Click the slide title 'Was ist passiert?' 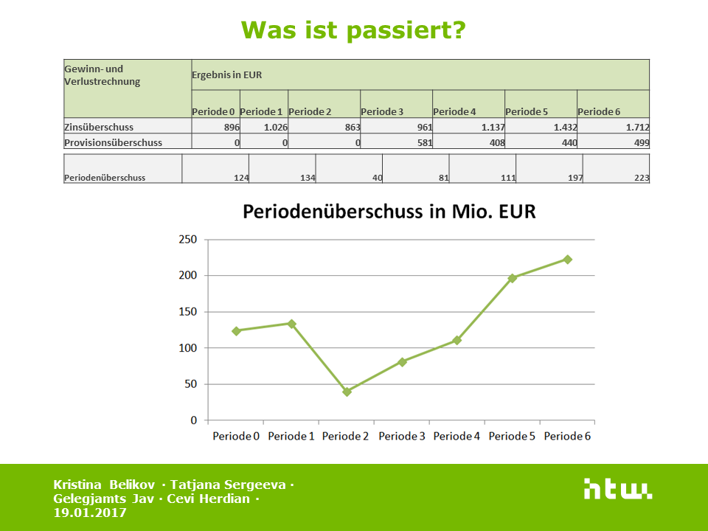pyautogui.click(x=353, y=30)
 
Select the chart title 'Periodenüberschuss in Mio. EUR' pyautogui.click(x=389, y=212)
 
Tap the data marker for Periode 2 pyautogui.click(x=347, y=392)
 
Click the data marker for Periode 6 pyautogui.click(x=568, y=259)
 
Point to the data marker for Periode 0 pyautogui.click(x=237, y=331)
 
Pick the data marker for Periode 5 pyautogui.click(x=513, y=278)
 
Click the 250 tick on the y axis pyautogui.click(x=188, y=240)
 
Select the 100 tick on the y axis pyautogui.click(x=188, y=348)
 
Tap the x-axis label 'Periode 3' pyautogui.click(x=402, y=437)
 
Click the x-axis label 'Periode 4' pyautogui.click(x=457, y=437)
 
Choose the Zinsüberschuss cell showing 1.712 pyautogui.click(x=636, y=128)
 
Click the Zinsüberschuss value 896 pyautogui.click(x=230, y=128)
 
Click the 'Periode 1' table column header pyautogui.click(x=261, y=112)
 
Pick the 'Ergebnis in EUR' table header pyautogui.click(x=226, y=75)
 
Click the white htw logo pyautogui.click(x=617, y=489)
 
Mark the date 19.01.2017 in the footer pyautogui.click(x=90, y=513)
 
